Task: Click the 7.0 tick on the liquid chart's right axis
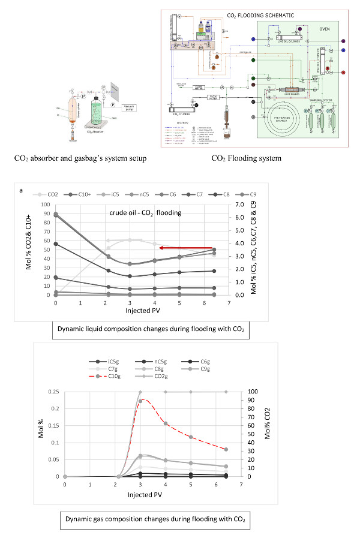[x=239, y=205]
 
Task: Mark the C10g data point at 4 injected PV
[x=166, y=424]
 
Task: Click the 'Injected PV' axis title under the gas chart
[x=145, y=495]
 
